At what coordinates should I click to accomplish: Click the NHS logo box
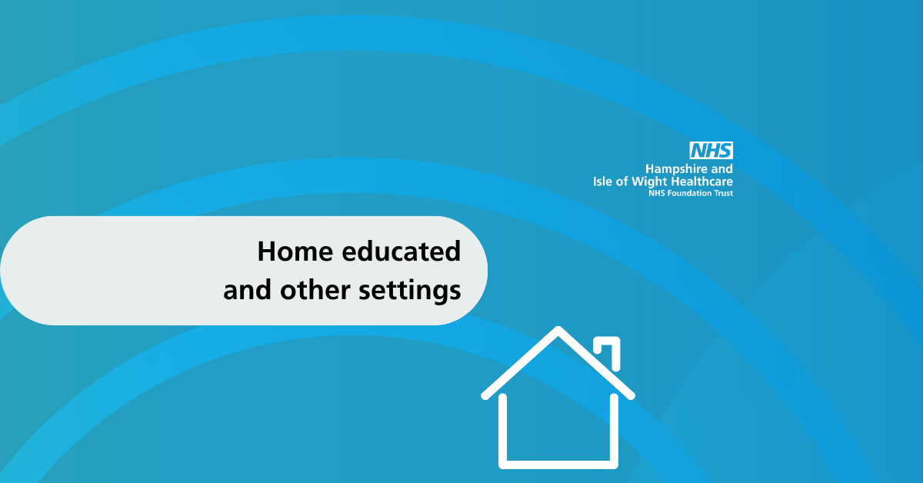(x=711, y=151)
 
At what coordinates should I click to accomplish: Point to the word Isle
(x=602, y=182)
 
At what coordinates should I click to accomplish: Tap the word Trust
(x=723, y=193)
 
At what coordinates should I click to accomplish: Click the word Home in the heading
(x=295, y=251)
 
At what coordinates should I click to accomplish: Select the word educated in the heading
(x=401, y=251)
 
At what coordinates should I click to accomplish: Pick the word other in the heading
(x=315, y=290)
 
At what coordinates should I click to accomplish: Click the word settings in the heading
(x=409, y=291)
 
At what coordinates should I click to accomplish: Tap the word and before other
(x=247, y=290)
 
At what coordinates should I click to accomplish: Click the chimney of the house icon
(x=607, y=352)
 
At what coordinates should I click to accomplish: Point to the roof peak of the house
(x=558, y=328)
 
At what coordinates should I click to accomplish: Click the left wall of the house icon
(x=503, y=428)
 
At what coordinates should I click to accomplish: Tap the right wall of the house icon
(x=614, y=428)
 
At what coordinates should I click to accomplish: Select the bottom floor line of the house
(x=558, y=465)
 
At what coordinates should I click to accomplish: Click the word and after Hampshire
(x=722, y=169)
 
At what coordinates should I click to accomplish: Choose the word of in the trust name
(x=621, y=182)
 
